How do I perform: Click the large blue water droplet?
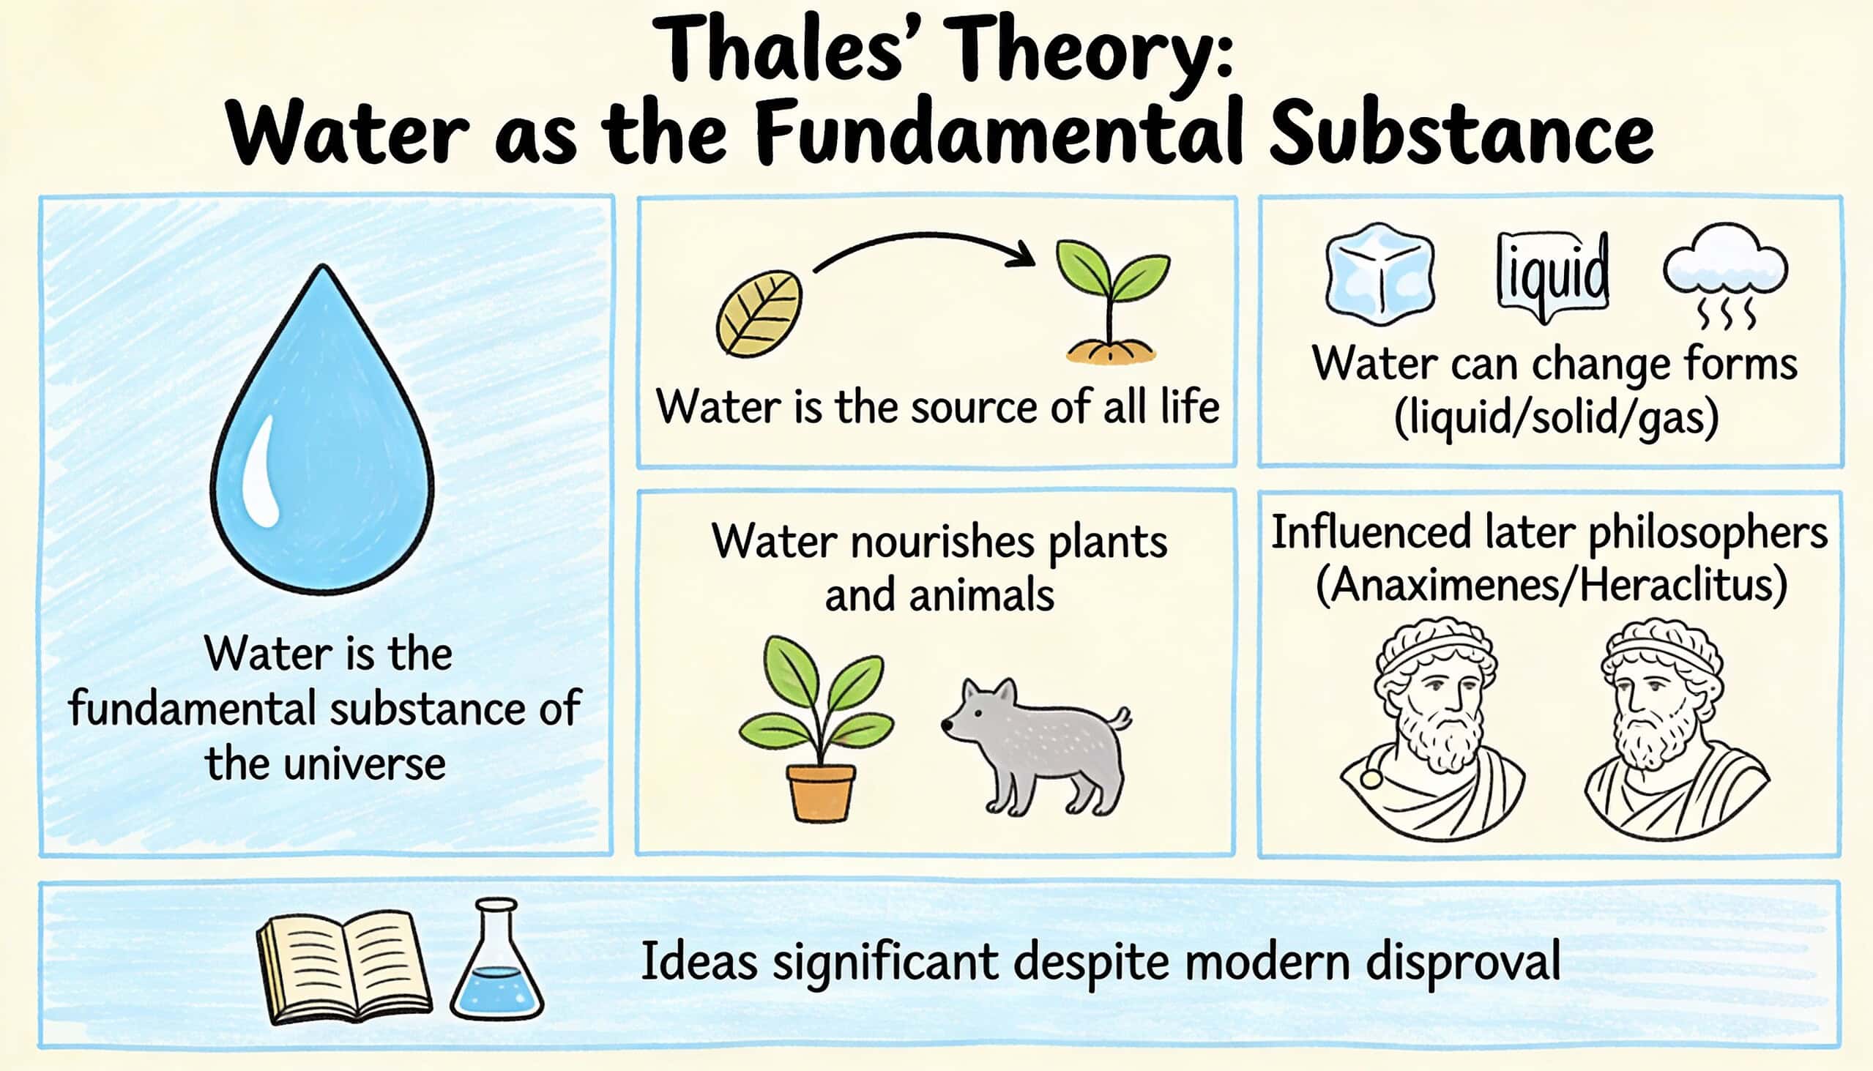[322, 434]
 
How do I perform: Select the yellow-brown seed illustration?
[759, 313]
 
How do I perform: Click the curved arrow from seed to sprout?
[924, 238]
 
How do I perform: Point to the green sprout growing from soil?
[1111, 302]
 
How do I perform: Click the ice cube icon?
[1379, 275]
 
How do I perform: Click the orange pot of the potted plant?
[821, 792]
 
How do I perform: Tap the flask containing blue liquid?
[496, 959]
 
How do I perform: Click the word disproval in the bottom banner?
[1463, 963]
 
